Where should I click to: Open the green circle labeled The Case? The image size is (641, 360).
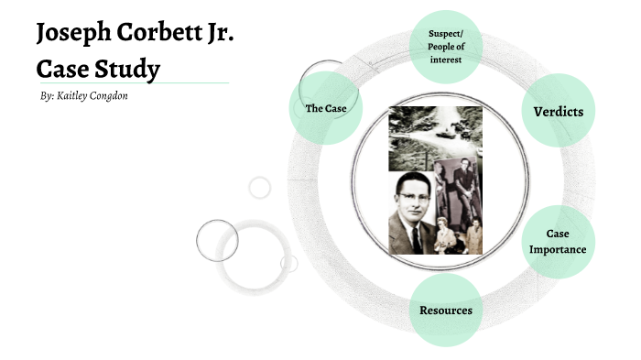[324, 109]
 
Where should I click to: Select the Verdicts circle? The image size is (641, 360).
[558, 111]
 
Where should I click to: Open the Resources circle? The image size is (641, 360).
[446, 310]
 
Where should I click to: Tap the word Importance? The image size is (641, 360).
[558, 249]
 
